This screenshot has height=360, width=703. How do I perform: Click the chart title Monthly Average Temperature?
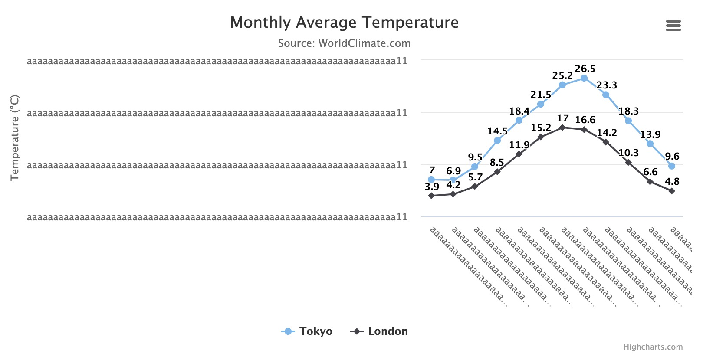point(344,23)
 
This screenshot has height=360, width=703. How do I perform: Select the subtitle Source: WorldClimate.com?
point(344,43)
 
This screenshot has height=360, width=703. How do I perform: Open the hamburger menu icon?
point(673,26)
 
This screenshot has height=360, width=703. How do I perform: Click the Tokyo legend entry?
point(307,331)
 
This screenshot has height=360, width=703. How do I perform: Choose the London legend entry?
point(379,331)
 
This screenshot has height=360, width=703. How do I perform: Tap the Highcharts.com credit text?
point(653,347)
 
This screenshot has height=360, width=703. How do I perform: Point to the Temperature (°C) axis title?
point(15,137)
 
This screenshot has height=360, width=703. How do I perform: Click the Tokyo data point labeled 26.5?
point(584,78)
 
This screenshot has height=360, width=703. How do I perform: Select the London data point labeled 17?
point(562,128)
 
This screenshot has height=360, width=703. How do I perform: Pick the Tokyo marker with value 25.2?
point(562,85)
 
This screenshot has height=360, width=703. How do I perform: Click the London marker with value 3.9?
point(431,196)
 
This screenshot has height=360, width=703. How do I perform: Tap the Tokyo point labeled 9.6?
point(672,166)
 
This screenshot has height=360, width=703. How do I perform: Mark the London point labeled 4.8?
point(672,191)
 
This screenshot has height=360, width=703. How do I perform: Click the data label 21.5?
point(541,95)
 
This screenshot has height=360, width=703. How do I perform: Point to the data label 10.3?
point(628,153)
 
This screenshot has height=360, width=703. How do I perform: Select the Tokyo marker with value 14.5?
point(497,141)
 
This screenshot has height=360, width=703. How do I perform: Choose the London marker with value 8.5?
point(497,172)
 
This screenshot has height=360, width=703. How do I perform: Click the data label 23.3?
point(607,85)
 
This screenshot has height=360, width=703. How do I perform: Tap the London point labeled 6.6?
point(650,182)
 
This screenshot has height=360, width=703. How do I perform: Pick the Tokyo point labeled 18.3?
point(628,121)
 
